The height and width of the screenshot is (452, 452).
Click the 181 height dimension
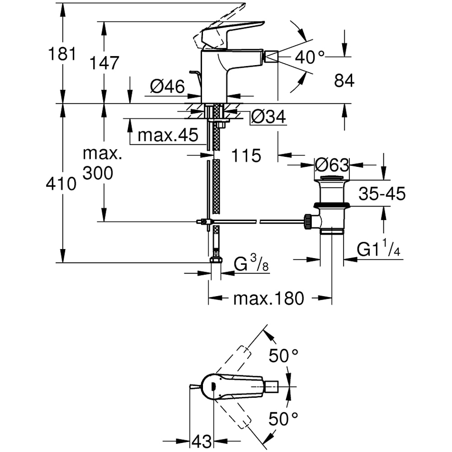(62, 54)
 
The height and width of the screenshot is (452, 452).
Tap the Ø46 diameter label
(167, 86)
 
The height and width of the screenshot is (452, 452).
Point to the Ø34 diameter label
(268, 118)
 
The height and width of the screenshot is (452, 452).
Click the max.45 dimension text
(168, 135)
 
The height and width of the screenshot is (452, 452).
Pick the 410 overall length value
(62, 184)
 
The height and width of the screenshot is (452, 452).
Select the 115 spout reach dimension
(246, 156)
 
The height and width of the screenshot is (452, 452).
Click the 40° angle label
(310, 57)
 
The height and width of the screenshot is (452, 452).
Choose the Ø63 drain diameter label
(332, 164)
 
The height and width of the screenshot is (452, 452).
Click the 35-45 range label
(382, 194)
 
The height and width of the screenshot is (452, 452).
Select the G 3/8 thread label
(251, 264)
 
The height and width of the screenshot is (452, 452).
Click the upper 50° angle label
(284, 356)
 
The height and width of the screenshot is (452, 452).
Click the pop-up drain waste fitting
(332, 203)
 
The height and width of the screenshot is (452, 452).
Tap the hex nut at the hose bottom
(216, 260)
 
